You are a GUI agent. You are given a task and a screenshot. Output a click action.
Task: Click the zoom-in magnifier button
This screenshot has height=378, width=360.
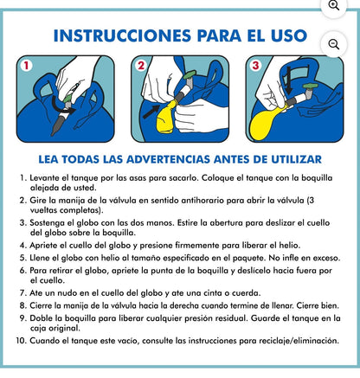tap(334, 6)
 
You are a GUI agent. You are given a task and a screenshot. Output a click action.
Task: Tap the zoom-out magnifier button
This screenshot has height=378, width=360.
tap(334, 44)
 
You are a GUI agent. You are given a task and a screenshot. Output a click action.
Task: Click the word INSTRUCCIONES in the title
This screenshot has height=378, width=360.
tap(122, 35)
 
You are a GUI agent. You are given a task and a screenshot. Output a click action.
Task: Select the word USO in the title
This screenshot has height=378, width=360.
tap(289, 35)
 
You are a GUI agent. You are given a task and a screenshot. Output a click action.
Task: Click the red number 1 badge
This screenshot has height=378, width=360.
tap(26, 66)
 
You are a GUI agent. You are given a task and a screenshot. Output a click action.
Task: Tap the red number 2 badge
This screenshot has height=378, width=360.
tap(141, 66)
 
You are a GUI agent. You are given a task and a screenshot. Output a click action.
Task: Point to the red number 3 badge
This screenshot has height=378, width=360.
tap(255, 66)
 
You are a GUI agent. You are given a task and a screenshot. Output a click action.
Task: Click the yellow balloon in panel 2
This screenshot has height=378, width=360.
tap(165, 118)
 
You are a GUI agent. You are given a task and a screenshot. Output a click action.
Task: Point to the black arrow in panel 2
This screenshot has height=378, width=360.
tap(151, 112)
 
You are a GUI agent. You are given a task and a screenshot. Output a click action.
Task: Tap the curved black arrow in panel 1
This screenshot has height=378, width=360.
tap(62, 106)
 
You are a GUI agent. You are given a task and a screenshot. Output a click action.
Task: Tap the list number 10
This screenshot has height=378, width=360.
tap(21, 341)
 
